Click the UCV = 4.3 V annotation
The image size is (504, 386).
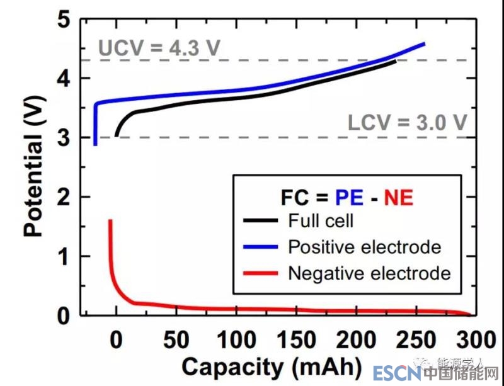click(x=159, y=48)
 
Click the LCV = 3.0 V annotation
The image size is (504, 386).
click(x=407, y=123)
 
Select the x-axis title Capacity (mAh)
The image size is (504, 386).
click(x=272, y=366)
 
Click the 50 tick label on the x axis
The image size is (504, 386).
click(x=176, y=341)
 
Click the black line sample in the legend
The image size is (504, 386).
click(x=261, y=220)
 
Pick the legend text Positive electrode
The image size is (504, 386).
click(x=364, y=247)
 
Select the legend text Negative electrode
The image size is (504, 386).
click(x=369, y=273)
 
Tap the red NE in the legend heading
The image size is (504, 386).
click(x=398, y=197)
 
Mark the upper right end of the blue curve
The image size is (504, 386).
click(x=424, y=43)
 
